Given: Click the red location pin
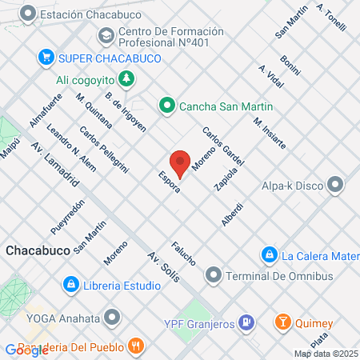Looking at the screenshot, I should point(181,163).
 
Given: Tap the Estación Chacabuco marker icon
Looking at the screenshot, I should point(29,14).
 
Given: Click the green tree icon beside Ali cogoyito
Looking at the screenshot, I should point(126,78).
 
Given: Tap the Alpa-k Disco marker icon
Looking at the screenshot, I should point(335,186).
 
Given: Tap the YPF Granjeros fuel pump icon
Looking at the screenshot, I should point(247,322).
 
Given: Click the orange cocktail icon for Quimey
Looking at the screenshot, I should point(282,322).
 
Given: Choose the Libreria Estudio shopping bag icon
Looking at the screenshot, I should point(71,284).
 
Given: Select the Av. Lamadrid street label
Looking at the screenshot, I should point(55,166).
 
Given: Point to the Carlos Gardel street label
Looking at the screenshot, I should point(222,146).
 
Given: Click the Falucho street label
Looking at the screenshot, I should point(183,254).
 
